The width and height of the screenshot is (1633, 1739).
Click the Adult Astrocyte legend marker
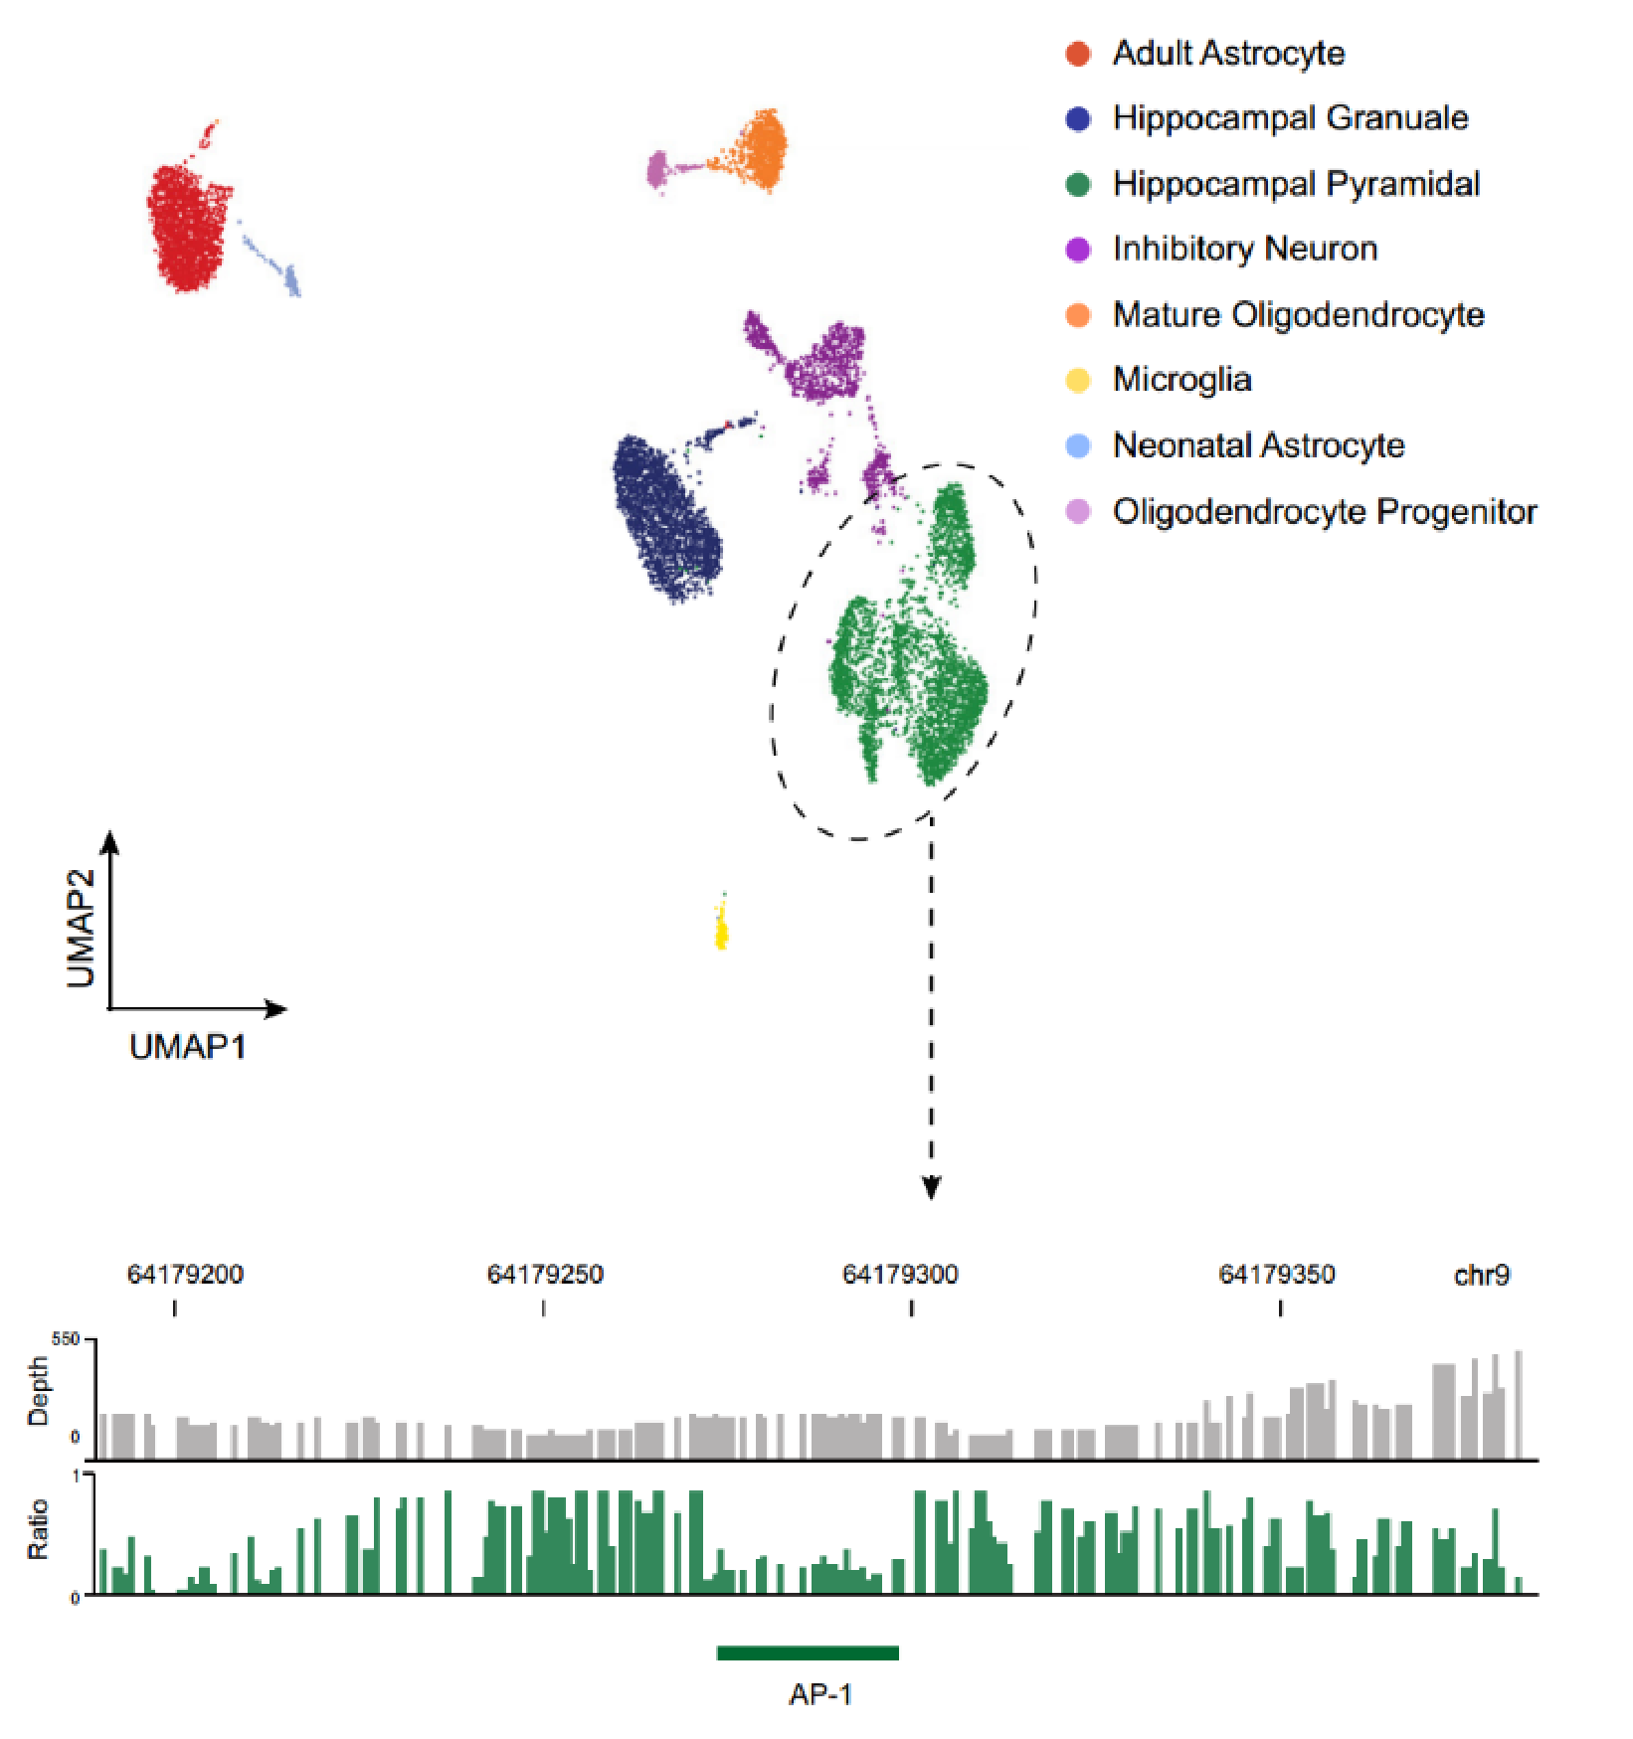[1078, 54]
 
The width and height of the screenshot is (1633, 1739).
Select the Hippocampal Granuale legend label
[1290, 118]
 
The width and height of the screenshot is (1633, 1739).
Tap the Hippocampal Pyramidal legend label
[1296, 184]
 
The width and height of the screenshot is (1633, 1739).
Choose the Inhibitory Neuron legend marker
[1078, 250]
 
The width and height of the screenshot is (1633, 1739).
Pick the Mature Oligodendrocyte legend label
[1298, 315]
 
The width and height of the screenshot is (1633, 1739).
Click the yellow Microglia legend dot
[1078, 380]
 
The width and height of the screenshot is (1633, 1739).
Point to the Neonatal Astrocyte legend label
[1258, 445]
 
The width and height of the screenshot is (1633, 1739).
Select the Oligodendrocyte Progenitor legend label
[1325, 511]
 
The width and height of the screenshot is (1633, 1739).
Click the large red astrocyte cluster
[188, 227]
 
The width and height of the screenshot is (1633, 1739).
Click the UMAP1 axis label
[187, 1047]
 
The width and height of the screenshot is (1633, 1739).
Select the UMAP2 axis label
[82, 929]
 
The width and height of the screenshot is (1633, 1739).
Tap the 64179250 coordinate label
[545, 1275]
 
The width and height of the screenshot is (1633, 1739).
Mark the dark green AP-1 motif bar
[808, 1653]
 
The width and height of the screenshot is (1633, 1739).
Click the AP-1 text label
[820, 1694]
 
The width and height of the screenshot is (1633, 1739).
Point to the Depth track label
[38, 1391]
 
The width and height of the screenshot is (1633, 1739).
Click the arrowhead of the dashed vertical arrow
[931, 1188]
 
